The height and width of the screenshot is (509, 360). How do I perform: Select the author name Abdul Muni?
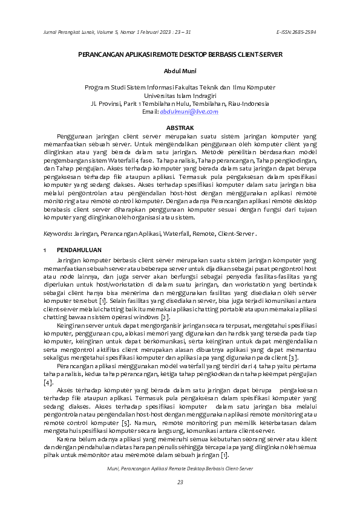coord(180,71)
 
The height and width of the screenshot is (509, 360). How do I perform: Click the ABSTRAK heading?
coord(180,128)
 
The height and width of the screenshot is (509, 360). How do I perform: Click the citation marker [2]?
coord(165,317)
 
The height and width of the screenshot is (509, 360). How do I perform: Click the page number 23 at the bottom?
coord(180,481)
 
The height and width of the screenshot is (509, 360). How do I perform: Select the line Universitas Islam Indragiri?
coord(180,96)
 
